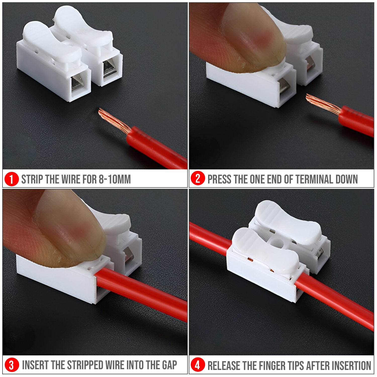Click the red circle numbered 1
coord(12,179)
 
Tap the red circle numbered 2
coord(198,179)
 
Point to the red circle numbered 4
coord(198,365)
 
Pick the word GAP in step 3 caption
coord(169,365)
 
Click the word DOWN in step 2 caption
coord(347,179)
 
